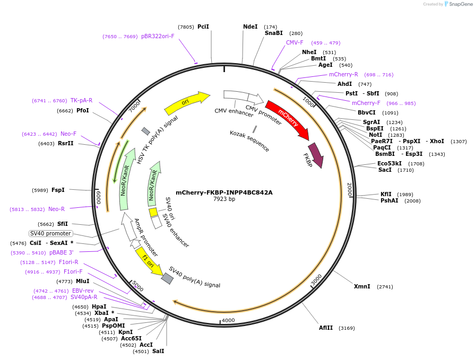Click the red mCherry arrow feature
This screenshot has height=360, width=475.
coord(288,118)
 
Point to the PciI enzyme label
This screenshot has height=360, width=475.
coord(203,27)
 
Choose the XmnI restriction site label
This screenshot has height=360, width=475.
coord(362,286)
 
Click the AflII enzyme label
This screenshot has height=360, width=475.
coord(326,328)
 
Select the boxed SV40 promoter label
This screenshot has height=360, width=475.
coord(50,233)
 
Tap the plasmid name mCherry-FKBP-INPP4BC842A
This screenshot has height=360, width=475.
coord(224,192)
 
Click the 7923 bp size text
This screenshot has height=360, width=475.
coord(224,199)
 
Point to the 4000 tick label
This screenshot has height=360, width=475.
coord(228,320)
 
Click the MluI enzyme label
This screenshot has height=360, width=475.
coord(82,281)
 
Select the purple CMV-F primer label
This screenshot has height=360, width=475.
coord(295,42)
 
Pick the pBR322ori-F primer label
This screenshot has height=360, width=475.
coord(158,36)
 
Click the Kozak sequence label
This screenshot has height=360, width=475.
coord(249,141)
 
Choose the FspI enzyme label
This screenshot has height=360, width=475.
coord(58,190)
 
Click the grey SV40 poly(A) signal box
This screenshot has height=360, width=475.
coord(167,278)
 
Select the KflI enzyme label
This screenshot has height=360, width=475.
coord(386,194)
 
